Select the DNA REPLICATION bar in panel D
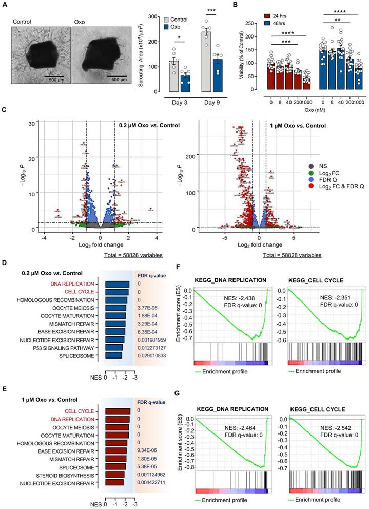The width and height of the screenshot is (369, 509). (x=117, y=284)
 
